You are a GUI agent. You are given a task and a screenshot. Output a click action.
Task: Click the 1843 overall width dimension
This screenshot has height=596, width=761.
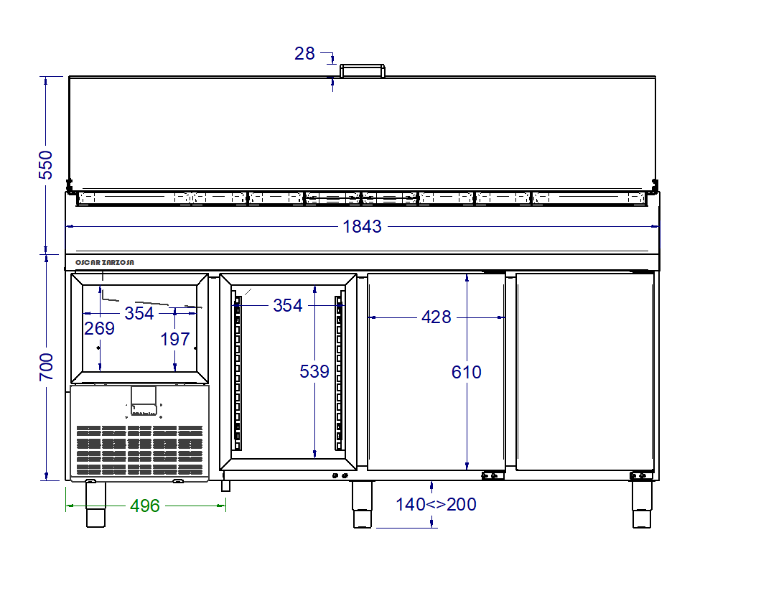click(x=362, y=226)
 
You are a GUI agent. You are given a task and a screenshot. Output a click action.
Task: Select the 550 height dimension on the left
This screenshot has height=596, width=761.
click(x=46, y=164)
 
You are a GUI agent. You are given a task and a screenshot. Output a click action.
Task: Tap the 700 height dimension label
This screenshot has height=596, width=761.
click(x=46, y=367)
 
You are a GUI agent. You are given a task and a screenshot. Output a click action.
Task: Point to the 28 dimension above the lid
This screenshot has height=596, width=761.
click(x=304, y=53)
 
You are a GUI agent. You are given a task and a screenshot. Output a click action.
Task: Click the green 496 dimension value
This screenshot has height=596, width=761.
click(x=144, y=506)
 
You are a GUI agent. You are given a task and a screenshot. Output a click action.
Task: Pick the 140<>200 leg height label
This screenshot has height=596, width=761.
click(x=436, y=504)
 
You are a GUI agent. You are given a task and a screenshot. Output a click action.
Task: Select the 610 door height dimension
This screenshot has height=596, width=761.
click(x=467, y=372)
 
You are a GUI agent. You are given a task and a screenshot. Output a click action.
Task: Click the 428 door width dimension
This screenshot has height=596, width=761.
click(x=436, y=317)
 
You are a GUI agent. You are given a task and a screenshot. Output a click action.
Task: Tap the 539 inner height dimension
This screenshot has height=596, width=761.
click(x=314, y=371)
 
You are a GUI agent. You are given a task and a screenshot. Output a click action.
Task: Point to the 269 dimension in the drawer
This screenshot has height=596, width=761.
click(x=100, y=329)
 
